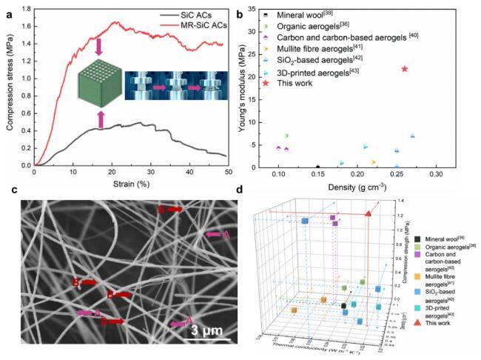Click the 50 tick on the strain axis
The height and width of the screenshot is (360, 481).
tap(227, 172)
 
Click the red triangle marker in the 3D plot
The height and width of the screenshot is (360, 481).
tap(369, 214)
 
